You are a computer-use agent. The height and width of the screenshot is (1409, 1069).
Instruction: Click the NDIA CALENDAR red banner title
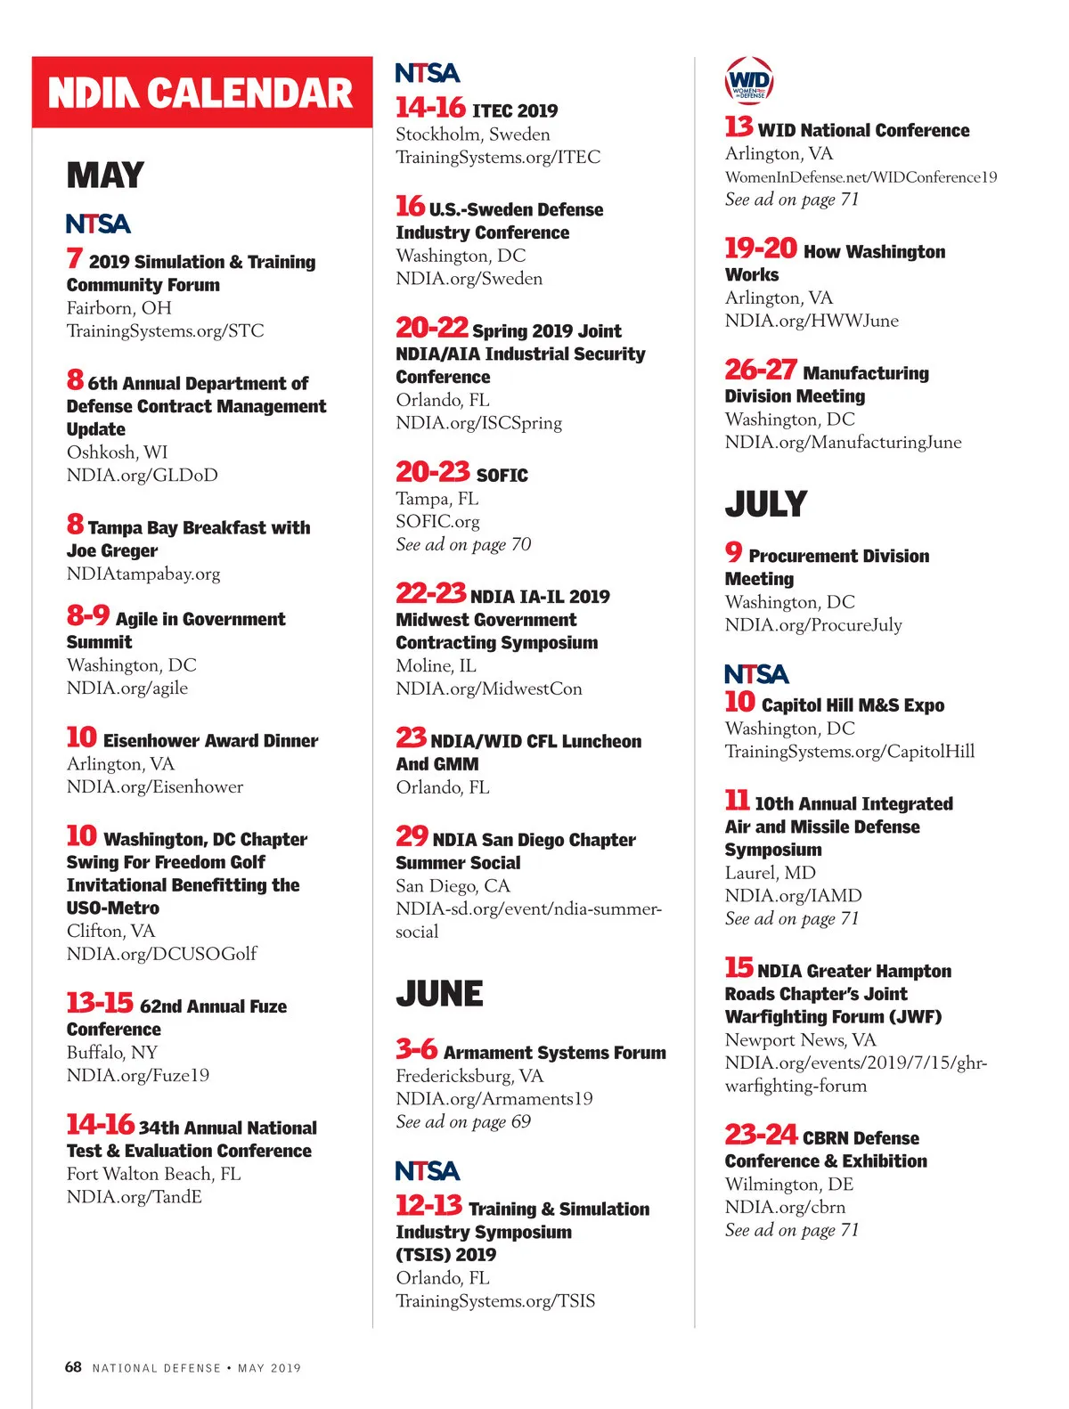coord(201,94)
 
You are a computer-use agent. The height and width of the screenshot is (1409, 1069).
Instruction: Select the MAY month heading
coord(105,175)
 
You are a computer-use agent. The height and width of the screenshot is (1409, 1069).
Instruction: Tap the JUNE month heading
coord(439,994)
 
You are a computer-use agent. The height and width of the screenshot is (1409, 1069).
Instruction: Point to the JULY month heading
coord(765,505)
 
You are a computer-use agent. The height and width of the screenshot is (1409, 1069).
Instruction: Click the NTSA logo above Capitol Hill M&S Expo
coord(756,674)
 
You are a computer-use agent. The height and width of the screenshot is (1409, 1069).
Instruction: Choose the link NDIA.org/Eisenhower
coord(155,787)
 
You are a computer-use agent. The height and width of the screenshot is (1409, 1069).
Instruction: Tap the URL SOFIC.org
coord(437,522)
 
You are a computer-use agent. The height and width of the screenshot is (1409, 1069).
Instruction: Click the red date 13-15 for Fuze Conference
coord(100,1004)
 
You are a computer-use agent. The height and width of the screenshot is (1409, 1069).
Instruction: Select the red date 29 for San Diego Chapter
coord(412,836)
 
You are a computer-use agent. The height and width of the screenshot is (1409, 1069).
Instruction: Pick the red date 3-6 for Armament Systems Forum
coord(416,1050)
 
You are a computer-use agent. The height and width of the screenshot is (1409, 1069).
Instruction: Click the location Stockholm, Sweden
coord(473,134)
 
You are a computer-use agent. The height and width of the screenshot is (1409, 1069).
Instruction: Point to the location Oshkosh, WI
coord(117,452)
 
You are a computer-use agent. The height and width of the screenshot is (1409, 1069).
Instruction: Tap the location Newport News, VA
coord(800,1040)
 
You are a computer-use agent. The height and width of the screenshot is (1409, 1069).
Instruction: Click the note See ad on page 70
coord(463,544)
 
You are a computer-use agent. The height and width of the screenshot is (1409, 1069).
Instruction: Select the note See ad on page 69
coord(463,1122)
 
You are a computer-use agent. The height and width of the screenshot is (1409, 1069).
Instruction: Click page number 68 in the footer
coord(73,1367)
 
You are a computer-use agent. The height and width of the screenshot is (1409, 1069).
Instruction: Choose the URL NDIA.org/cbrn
coord(785,1208)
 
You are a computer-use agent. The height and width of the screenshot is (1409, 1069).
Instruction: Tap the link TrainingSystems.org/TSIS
coord(495,1301)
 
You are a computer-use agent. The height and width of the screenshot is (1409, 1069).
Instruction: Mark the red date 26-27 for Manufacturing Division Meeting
coord(760,370)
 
